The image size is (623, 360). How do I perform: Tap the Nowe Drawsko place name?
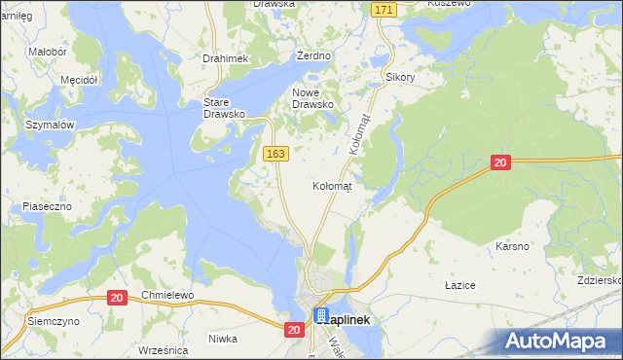(313, 98)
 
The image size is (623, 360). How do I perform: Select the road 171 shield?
(384, 9)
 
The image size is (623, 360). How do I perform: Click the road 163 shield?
(275, 154)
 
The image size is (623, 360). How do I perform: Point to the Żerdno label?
(314, 56)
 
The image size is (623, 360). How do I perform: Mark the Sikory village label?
(400, 76)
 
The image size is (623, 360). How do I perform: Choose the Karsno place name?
(512, 246)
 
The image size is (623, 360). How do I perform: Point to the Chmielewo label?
(168, 295)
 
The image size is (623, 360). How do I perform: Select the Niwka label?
(223, 339)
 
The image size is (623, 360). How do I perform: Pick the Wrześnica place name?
(163, 349)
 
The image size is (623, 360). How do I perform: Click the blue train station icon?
(321, 316)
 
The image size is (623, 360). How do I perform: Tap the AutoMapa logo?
(560, 342)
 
